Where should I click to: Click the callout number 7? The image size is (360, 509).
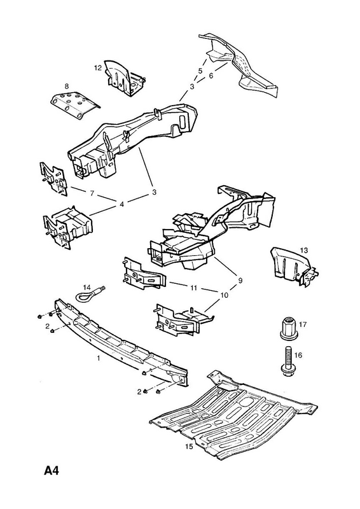coord(92,193)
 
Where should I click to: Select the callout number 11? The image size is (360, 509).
coord(194,288)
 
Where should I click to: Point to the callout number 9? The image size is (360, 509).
coord(240,281)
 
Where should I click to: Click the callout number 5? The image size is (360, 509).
coord(200,71)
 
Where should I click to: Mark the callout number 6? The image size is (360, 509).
coord(211,76)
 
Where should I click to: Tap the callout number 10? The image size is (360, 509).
coord(225,295)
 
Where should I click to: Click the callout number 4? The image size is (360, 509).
coord(121,204)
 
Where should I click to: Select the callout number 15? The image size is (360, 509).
coord(189,447)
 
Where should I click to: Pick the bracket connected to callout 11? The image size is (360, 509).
coord(143,273)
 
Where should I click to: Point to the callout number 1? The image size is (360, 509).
coord(99,358)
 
